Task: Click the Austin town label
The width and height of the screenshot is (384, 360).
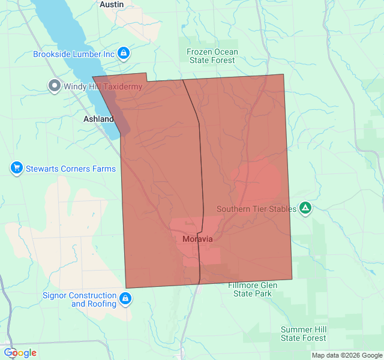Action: (x=111, y=4)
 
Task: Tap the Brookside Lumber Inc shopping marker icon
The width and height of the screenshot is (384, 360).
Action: (x=124, y=54)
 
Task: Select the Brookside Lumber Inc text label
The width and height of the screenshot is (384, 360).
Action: (x=73, y=54)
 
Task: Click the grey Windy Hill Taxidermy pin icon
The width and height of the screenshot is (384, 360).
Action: (x=54, y=86)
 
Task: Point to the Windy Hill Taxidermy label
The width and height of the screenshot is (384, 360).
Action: (x=103, y=87)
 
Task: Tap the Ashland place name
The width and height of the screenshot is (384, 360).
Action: (x=98, y=119)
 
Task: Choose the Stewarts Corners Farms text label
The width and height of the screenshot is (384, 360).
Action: (x=70, y=169)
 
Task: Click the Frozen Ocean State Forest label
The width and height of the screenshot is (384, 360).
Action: (x=212, y=56)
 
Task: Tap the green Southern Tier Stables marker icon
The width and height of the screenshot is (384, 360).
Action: (x=305, y=208)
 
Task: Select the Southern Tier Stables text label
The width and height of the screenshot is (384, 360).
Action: (x=256, y=209)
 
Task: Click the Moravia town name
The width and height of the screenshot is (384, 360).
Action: (x=197, y=239)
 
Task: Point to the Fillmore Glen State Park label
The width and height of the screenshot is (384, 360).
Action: (x=252, y=289)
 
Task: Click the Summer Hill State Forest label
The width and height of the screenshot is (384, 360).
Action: (x=304, y=334)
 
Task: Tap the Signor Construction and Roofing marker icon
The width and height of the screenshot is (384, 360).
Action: (x=125, y=298)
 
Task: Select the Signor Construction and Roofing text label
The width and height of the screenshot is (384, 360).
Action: (x=79, y=299)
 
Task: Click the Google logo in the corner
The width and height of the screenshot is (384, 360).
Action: (x=20, y=353)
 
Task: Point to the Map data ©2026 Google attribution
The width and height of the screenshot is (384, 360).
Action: (x=346, y=355)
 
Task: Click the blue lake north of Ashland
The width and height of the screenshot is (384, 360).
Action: (x=66, y=36)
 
